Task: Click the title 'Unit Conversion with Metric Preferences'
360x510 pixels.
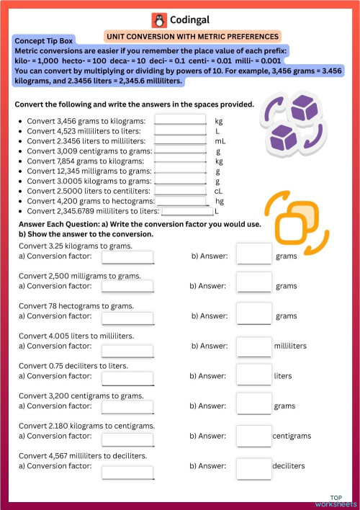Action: [192, 36]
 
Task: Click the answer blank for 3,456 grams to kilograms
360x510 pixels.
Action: [180, 120]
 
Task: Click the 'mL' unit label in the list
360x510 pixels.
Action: [220, 141]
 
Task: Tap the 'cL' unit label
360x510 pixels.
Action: [219, 191]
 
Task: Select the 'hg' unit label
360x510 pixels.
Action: [220, 201]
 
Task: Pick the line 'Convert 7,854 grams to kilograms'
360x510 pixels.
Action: [86, 161]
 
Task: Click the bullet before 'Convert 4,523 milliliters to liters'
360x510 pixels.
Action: [20, 132]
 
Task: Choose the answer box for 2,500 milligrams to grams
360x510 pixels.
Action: [253, 286]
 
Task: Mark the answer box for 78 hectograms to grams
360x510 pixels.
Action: [253, 316]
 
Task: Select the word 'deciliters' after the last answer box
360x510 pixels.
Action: [289, 466]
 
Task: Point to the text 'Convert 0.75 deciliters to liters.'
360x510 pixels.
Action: [73, 366]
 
